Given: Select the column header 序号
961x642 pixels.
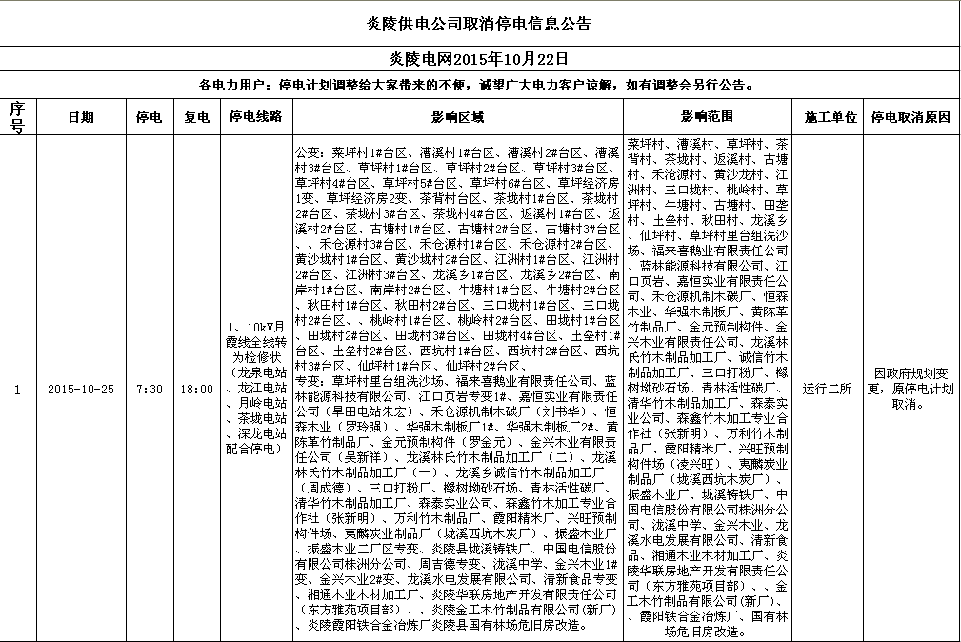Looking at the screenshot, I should pos(16,118).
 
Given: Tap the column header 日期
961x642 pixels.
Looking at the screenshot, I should pos(80,118).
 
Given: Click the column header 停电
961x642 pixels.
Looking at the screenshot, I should pos(150,118).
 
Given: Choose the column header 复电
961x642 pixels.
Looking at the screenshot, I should pos(196,118).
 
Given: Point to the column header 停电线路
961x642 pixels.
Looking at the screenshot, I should pos(255,118).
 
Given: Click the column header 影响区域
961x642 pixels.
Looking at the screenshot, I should pos(457,118).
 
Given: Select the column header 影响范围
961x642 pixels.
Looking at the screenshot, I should pos(707,118).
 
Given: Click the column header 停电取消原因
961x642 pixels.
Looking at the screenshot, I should pos(911,118).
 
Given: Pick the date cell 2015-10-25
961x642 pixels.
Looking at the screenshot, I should pos(80,390).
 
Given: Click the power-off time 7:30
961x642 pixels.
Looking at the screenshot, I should pos(150,390).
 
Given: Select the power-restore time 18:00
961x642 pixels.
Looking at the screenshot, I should pos(196,390).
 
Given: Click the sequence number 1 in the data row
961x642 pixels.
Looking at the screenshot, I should pos(16,390).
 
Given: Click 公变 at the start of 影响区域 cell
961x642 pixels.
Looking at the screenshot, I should pos(310,152).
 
